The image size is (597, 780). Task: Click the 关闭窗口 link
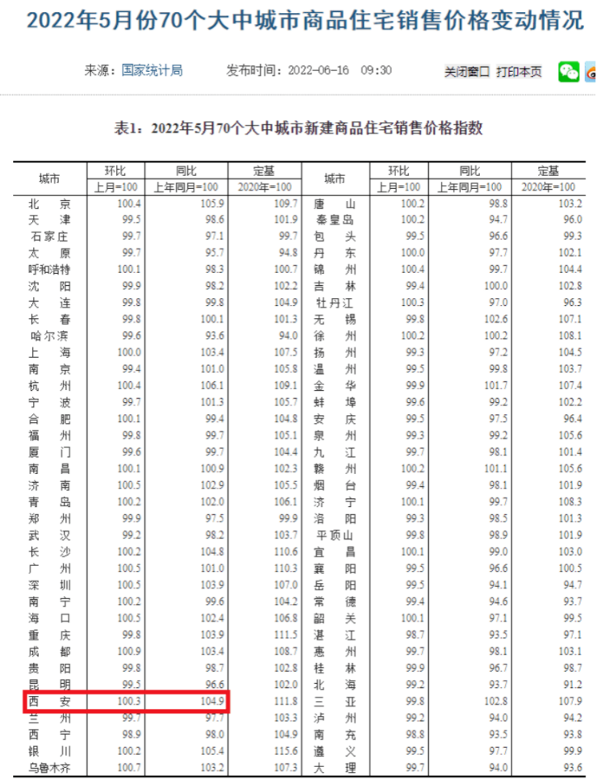[467, 72]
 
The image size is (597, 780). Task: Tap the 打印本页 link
[519, 72]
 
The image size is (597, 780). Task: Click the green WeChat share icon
[569, 72]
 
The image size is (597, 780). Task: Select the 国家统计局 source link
[152, 70]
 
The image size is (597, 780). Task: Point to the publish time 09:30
[376, 70]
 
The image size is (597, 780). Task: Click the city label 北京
[49, 203]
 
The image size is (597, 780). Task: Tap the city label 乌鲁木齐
[49, 768]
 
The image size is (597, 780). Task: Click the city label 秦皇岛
[335, 220]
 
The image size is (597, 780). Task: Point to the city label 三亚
[335, 701]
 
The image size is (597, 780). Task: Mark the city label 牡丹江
[335, 303]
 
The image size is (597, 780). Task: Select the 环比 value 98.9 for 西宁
[128, 734]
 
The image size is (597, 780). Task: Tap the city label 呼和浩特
[49, 269]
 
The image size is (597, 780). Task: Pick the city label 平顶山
[335, 535]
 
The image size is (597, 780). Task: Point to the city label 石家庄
[49, 236]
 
